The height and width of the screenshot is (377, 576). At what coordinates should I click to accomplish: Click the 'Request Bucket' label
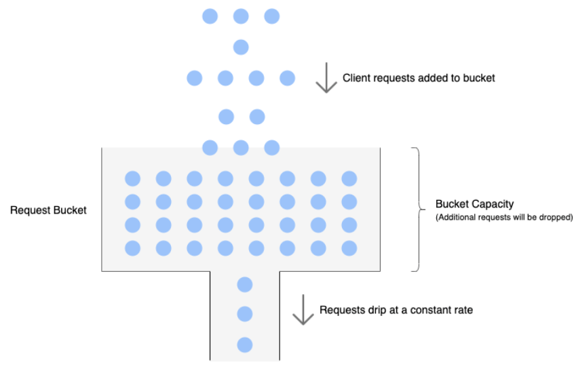(48, 210)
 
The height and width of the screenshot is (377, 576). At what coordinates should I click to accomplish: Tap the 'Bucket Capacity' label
(474, 204)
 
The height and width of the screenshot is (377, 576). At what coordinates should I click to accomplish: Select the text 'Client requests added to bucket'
(419, 78)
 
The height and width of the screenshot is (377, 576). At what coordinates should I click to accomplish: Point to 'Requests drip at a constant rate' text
(396, 310)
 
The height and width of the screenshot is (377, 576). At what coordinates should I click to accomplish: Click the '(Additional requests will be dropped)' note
(504, 218)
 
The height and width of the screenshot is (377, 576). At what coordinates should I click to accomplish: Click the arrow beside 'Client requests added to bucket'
(326, 78)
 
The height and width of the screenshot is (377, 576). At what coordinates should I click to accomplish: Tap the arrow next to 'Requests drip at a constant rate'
(301, 310)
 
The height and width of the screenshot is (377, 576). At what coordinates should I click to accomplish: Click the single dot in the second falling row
(241, 47)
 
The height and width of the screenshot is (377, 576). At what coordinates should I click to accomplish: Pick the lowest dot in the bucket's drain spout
(245, 345)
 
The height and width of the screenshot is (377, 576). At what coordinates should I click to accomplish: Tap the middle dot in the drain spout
(245, 314)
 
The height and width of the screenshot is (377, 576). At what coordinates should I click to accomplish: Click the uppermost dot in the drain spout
(245, 284)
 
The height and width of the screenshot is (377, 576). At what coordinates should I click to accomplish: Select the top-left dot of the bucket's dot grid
(132, 178)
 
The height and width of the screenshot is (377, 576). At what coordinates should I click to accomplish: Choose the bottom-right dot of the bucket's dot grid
(349, 248)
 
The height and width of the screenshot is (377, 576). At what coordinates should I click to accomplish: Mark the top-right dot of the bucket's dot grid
(349, 178)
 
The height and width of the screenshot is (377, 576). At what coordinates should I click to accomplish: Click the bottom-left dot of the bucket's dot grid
(132, 248)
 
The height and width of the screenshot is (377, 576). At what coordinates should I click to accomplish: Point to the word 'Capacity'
(493, 204)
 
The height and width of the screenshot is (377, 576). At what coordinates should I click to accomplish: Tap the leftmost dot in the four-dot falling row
(195, 78)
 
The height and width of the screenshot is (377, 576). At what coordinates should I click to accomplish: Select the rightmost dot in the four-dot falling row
(287, 78)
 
